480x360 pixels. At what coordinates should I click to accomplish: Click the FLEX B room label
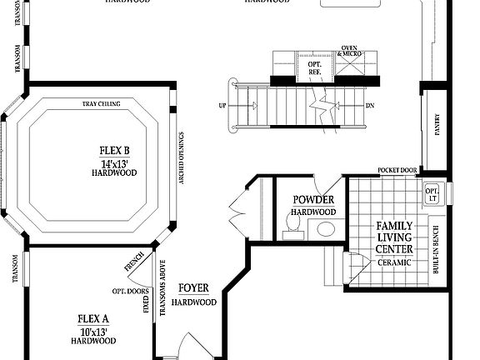click(115, 151)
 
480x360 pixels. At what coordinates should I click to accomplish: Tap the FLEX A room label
click(92, 318)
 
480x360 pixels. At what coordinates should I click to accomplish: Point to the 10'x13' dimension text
click(92, 330)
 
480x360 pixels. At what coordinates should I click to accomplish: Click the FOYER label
click(193, 288)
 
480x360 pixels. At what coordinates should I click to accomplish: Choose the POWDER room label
click(314, 200)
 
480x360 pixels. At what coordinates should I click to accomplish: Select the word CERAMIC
click(394, 262)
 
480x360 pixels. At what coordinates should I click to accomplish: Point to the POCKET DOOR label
click(397, 170)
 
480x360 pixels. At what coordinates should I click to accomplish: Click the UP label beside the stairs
click(222, 106)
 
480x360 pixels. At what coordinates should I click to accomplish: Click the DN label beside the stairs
click(369, 106)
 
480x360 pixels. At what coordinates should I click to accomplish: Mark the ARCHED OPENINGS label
click(182, 158)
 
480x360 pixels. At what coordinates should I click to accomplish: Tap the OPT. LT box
click(432, 194)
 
